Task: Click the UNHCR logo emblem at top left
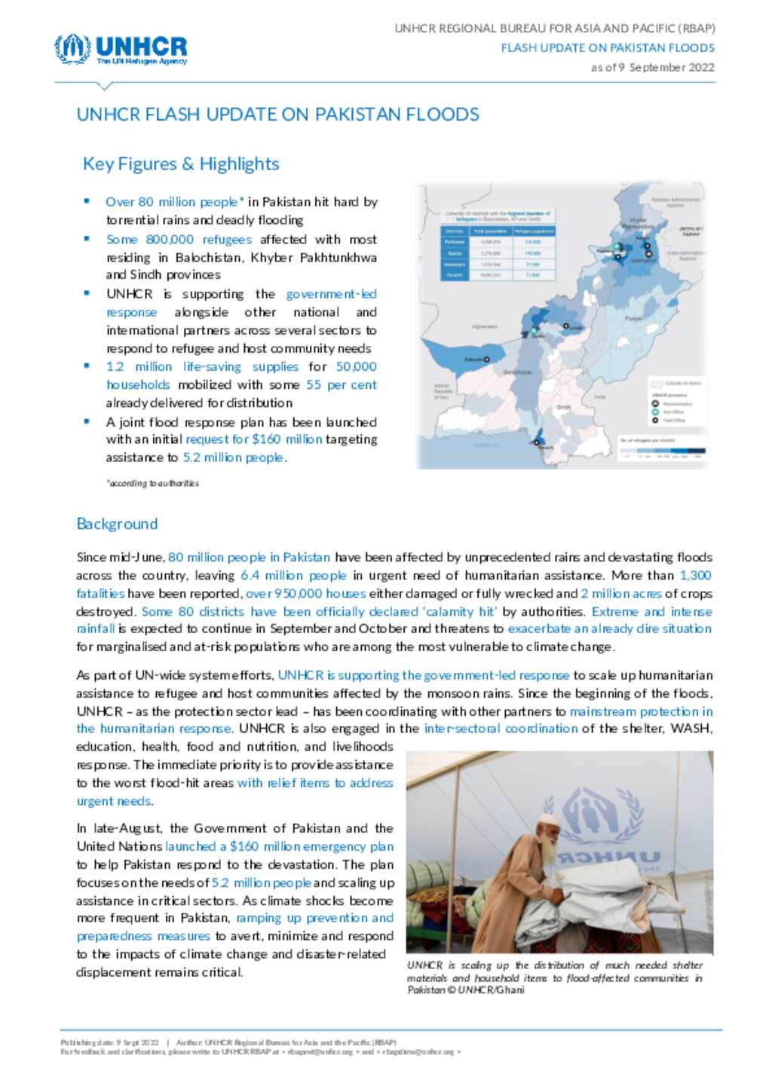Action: click(x=72, y=49)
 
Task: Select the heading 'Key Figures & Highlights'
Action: click(x=181, y=164)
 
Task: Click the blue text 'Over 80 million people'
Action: click(x=172, y=202)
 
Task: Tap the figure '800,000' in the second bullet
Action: click(x=170, y=239)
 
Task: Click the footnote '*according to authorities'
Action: click(x=153, y=483)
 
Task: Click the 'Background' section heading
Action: click(x=117, y=524)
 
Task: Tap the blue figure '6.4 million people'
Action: click(x=293, y=575)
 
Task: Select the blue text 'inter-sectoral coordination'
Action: click(x=501, y=729)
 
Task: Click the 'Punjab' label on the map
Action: click(x=633, y=319)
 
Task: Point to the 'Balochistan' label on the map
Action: click(x=517, y=372)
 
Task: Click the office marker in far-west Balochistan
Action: click(x=487, y=359)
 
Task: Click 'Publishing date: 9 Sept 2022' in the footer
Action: click(x=110, y=1043)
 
